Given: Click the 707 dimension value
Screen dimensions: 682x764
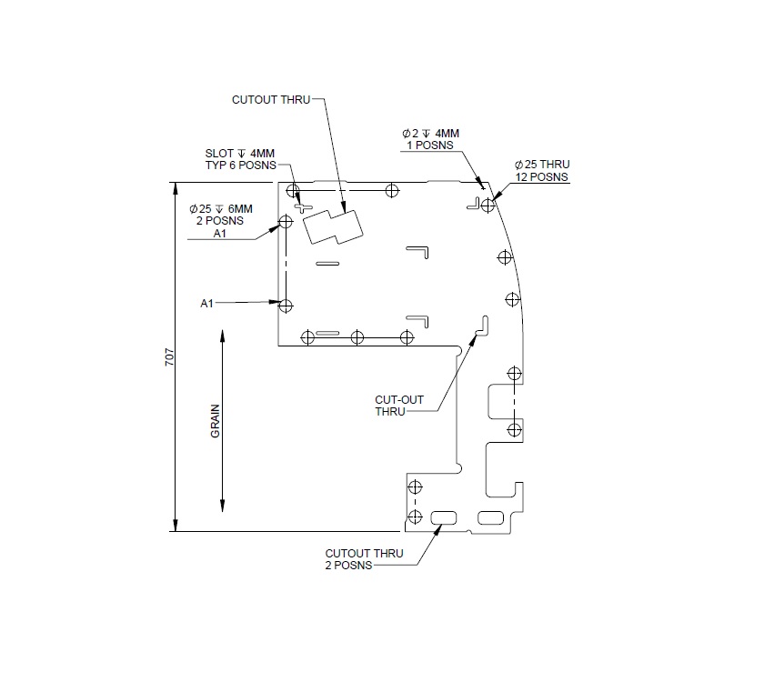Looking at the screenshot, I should pyautogui.click(x=169, y=357).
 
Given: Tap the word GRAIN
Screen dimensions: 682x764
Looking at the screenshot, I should pyautogui.click(x=216, y=422).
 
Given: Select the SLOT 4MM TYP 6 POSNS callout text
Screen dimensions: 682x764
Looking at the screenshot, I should pyautogui.click(x=240, y=158).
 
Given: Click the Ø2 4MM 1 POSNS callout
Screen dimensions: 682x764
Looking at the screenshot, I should pyautogui.click(x=430, y=138).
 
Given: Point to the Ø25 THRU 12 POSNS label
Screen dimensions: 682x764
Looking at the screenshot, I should pyautogui.click(x=541, y=170).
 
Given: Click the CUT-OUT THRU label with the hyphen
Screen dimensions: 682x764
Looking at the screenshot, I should pyautogui.click(x=393, y=405).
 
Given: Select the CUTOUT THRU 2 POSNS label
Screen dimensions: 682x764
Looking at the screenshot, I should pyautogui.click(x=364, y=558).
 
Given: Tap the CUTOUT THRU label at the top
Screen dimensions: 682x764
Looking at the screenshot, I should pyautogui.click(x=272, y=99).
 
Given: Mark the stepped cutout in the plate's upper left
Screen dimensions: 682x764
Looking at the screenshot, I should pyautogui.click(x=332, y=226).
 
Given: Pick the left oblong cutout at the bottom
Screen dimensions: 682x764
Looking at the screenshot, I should pyautogui.click(x=445, y=517).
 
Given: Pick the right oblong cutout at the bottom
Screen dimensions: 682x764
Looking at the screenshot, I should pyautogui.click(x=489, y=517).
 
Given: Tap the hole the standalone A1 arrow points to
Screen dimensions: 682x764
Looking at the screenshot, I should pyautogui.click(x=286, y=306).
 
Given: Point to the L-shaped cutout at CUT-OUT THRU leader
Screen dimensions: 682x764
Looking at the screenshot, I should pyautogui.click(x=482, y=326).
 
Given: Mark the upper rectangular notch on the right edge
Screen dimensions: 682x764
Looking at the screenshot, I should pyautogui.click(x=501, y=400).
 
